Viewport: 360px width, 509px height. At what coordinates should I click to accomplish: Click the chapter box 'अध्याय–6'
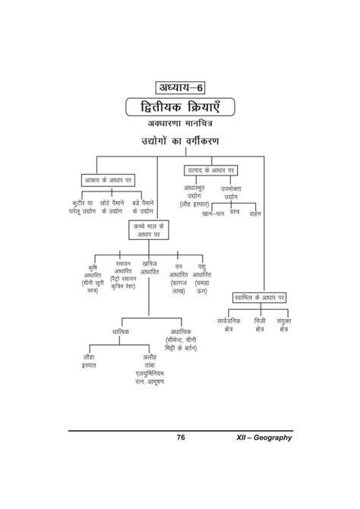coord(180,84)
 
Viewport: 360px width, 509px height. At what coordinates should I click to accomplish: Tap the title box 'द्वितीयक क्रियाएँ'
coord(180,105)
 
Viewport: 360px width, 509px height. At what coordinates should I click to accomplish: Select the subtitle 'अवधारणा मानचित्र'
coord(180,123)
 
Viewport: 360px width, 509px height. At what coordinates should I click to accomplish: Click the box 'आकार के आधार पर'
coord(112,179)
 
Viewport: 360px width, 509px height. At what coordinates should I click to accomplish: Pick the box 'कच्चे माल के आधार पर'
coord(156,231)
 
